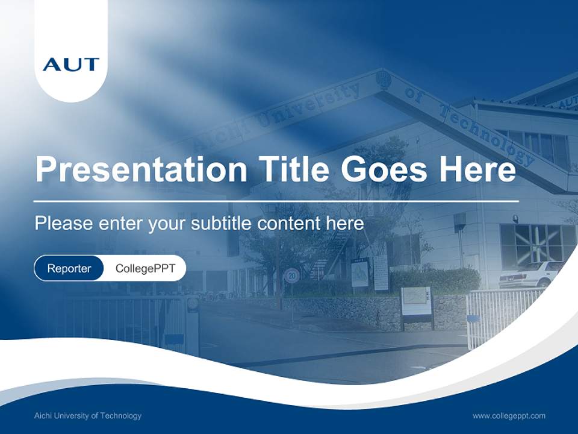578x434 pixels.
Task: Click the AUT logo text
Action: point(71,64)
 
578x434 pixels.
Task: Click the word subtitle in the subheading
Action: point(222,224)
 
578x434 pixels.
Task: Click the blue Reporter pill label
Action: point(69,268)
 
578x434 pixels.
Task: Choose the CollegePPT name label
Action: point(145,268)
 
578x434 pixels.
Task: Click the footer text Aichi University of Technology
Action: point(88,416)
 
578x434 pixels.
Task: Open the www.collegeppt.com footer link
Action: point(509,416)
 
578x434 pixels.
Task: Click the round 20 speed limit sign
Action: point(292,275)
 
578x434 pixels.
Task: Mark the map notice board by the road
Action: point(417,301)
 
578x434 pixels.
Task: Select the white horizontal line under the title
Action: point(276,201)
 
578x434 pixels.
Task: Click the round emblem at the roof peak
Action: point(383,79)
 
